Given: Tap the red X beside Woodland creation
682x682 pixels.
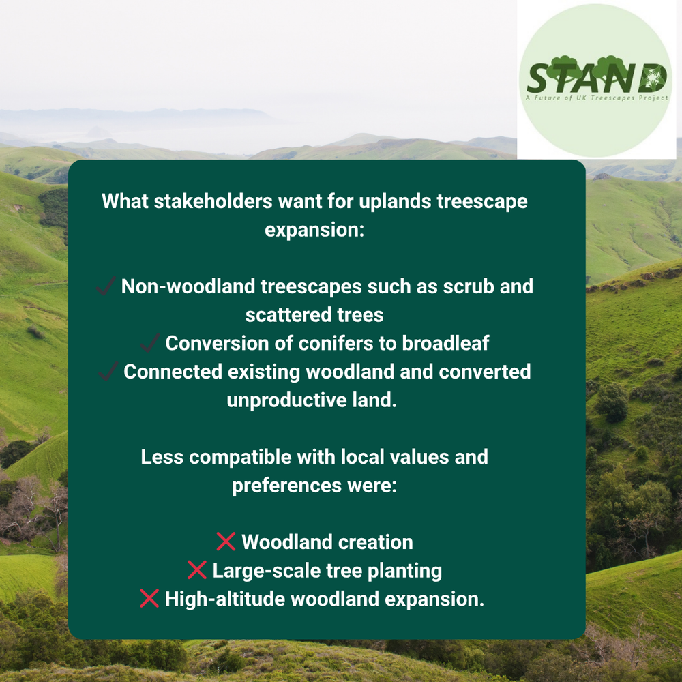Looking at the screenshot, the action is point(226,542).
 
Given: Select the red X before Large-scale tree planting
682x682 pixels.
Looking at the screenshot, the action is point(197,569).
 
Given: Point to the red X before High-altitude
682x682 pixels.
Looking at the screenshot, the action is point(149,598).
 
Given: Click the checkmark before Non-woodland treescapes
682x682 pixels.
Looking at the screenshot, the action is point(106,286).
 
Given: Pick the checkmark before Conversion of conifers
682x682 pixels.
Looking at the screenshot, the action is point(150,342).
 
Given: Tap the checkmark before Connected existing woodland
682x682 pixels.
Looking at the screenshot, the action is point(108,371).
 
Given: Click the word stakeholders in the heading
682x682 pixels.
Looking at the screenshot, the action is point(213,201).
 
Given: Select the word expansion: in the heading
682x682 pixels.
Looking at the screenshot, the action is point(314,230).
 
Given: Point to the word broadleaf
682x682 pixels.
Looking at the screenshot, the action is point(445,343).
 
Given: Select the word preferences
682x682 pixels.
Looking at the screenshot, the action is point(286,486).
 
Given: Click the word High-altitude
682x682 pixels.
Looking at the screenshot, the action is point(225,599).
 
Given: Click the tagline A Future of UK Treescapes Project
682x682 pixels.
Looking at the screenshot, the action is point(597,98).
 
